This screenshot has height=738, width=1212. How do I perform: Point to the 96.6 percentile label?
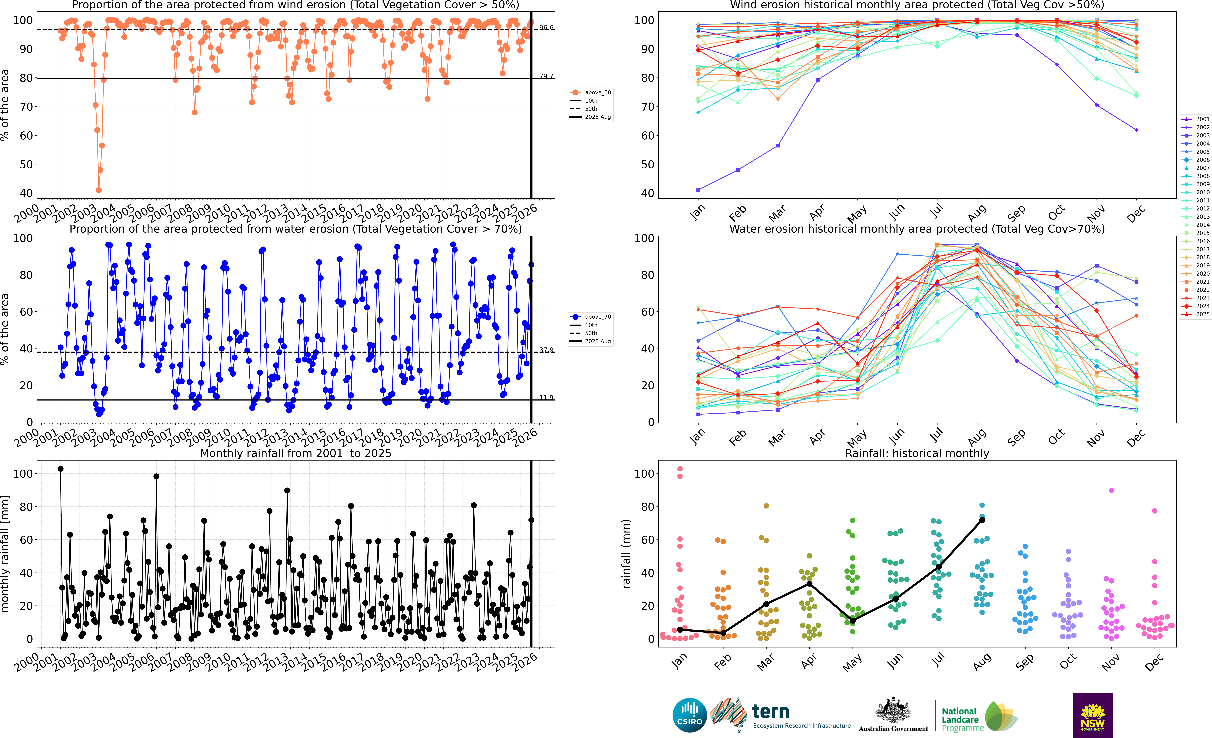(546, 28)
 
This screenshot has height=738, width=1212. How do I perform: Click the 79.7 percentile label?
(546, 76)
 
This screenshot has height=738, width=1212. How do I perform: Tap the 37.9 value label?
(546, 350)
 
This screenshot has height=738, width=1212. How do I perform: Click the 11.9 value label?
(546, 398)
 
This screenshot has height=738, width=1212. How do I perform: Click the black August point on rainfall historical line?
(982, 520)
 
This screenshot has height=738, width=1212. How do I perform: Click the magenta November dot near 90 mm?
(1111, 491)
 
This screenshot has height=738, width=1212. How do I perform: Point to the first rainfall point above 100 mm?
(61, 469)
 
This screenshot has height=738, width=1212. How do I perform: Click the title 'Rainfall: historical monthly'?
(917, 453)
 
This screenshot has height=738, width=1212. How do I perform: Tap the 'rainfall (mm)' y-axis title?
(626, 554)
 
